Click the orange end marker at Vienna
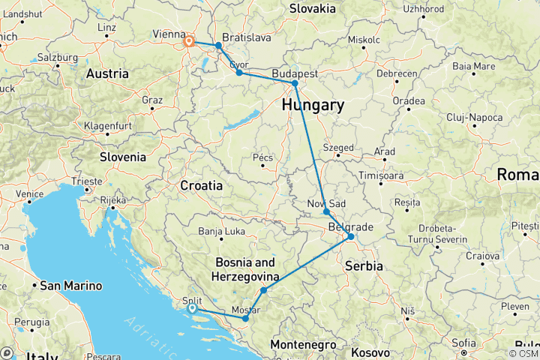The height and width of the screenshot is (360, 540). point(189,42)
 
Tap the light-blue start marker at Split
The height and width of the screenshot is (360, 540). point(192,308)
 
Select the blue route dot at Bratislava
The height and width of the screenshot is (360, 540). point(218,46)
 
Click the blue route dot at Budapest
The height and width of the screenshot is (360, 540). point(295,83)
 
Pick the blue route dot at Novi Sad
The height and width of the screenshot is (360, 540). point(326,212)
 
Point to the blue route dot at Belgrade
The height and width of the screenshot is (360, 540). point(350,237)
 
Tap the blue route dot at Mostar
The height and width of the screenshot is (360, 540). point(245,319)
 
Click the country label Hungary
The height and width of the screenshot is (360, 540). point(313,106)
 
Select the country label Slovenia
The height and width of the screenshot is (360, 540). point(124,157)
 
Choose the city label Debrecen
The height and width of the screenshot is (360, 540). point(397,73)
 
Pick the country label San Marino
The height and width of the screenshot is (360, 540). point(67,285)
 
